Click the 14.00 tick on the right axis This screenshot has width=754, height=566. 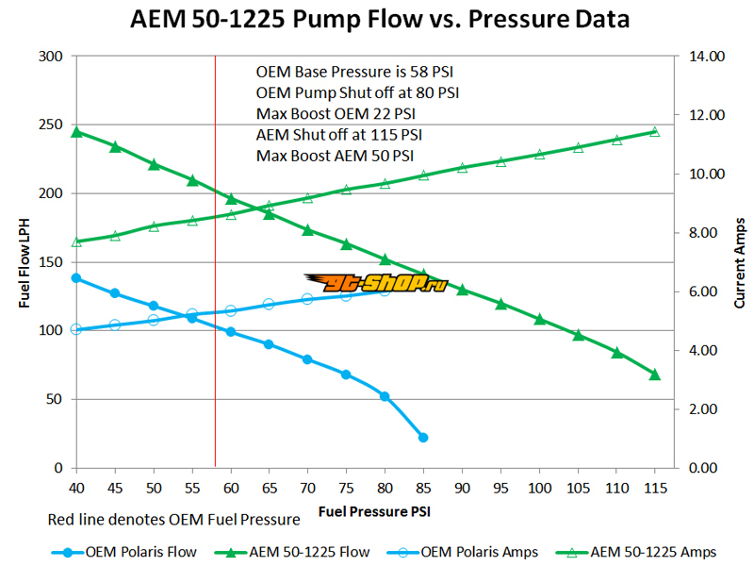(707, 57)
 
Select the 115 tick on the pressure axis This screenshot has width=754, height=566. (654, 488)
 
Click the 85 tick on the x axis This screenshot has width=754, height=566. (423, 488)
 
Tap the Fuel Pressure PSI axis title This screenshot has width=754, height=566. (377, 512)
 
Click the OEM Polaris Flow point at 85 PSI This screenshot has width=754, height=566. (423, 438)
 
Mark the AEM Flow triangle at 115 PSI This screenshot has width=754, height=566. (654, 375)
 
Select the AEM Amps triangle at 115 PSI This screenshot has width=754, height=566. (654, 131)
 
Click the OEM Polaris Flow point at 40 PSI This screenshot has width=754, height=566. (76, 278)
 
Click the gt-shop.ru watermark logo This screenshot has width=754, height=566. (375, 281)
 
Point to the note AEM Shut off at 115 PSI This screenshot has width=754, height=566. (339, 135)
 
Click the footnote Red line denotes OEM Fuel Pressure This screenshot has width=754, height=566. (172, 520)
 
